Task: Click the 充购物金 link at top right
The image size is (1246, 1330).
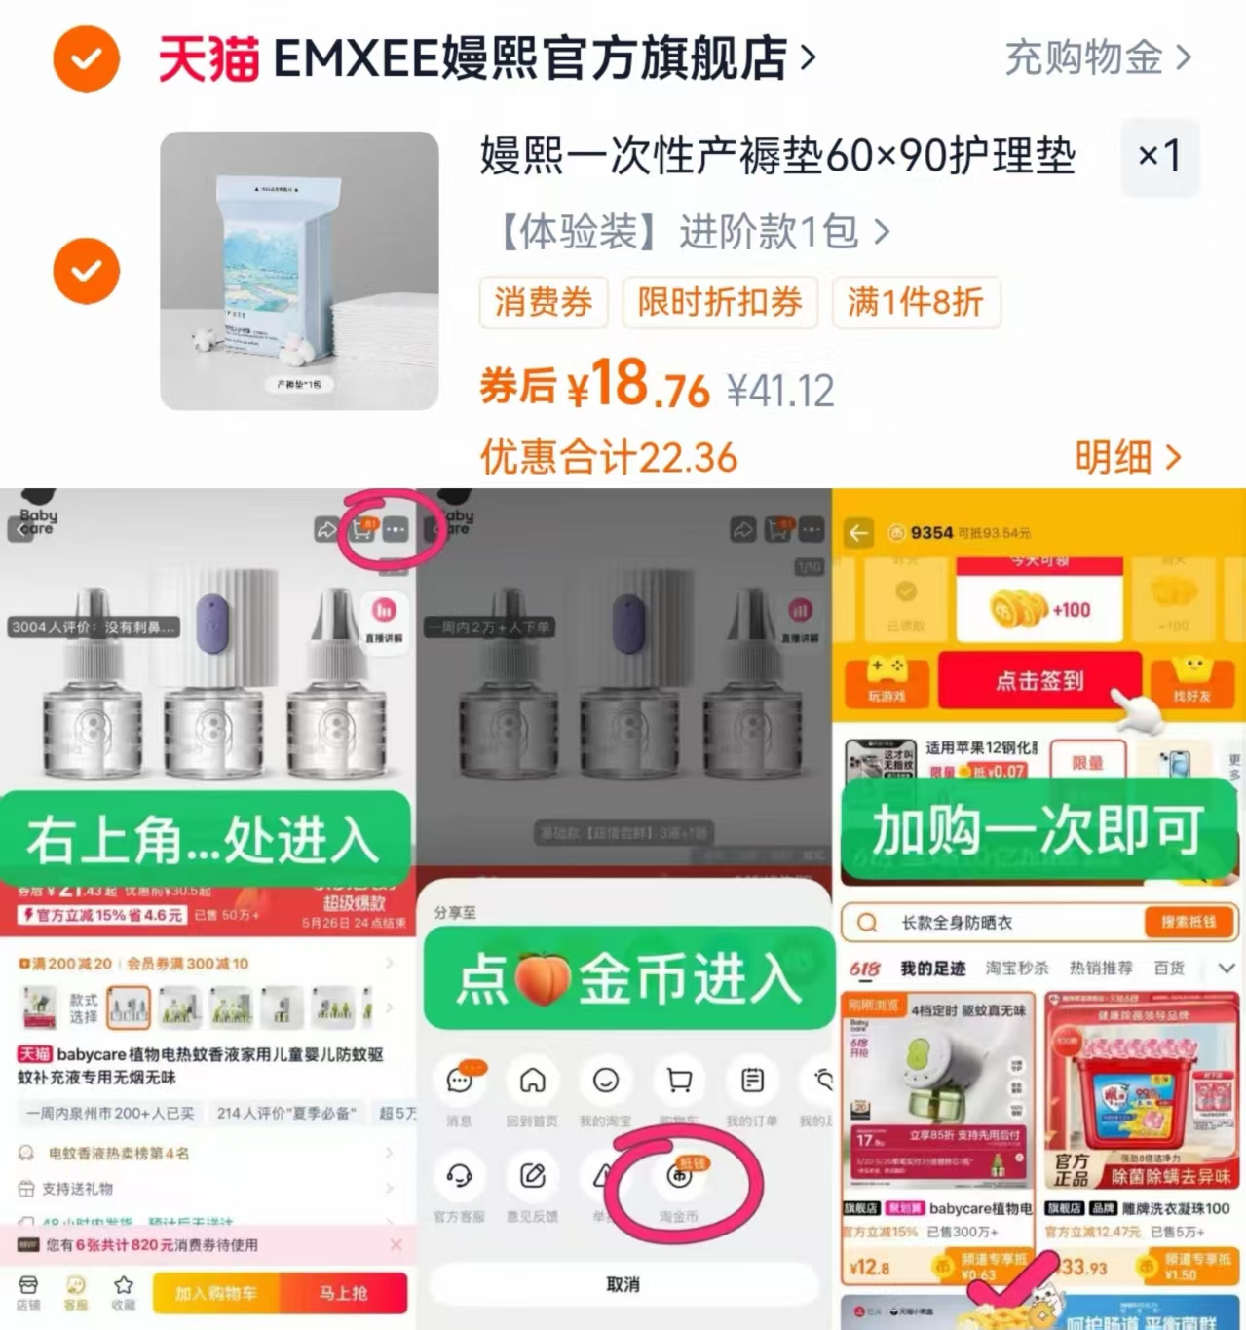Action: click(1097, 58)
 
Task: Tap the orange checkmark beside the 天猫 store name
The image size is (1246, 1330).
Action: click(87, 59)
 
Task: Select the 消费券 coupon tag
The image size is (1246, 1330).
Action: click(543, 302)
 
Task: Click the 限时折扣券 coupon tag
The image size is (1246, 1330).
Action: click(719, 302)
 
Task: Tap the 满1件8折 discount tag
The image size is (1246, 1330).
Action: click(915, 302)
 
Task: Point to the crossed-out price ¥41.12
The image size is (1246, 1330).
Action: click(780, 392)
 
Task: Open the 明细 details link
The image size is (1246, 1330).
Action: click(1126, 456)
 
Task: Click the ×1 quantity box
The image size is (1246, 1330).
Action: click(1159, 156)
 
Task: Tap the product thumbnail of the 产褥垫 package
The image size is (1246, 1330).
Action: click(299, 271)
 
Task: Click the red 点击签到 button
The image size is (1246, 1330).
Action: click(1038, 680)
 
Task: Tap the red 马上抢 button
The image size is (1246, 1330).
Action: click(343, 1293)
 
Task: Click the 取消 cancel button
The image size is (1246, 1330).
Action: click(623, 1284)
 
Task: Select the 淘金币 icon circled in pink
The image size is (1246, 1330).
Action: click(679, 1177)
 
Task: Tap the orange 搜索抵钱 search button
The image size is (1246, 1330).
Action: click(1188, 922)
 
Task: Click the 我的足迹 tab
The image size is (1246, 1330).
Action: click(932, 968)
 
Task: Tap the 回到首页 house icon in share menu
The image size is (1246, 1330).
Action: click(532, 1081)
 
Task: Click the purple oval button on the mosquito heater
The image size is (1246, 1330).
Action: click(212, 622)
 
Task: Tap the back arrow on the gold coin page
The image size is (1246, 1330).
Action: click(858, 533)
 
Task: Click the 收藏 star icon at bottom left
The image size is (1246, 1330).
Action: click(123, 1286)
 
